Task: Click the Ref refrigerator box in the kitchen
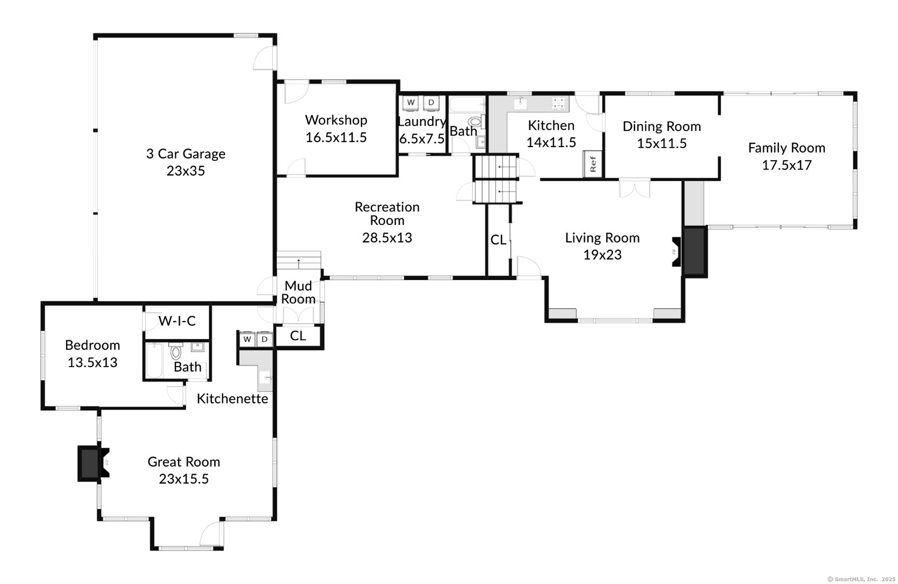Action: coord(592,163)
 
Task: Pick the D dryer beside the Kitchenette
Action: coord(265,339)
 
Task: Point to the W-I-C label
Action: coord(177,321)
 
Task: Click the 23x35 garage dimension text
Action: coord(186,171)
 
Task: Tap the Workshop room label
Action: coord(336,120)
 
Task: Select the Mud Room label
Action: coord(299,292)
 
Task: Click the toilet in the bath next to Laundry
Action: coord(474,122)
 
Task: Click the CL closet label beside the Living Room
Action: coord(498,240)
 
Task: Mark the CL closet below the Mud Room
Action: coord(298,336)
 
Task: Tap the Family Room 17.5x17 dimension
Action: coord(787,165)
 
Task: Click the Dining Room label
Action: coord(662,127)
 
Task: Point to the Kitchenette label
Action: coord(232,399)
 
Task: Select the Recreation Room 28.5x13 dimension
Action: coord(387,237)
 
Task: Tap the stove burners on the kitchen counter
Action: coord(559,102)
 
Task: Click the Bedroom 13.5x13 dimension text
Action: coord(93,362)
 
